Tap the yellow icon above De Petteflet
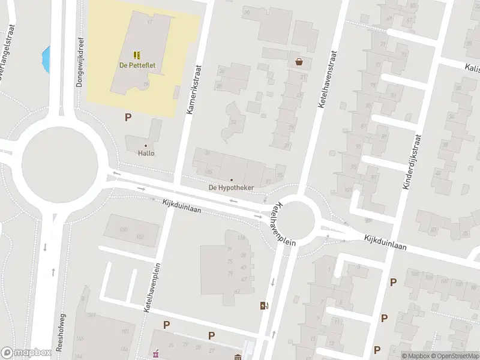pos(137,54)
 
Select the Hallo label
pos(146,153)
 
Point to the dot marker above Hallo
pos(146,145)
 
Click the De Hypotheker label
pos(231,188)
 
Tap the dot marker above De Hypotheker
pos(232,179)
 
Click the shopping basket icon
pos(299,61)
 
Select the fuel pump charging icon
pos(263,306)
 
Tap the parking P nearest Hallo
pos(128,118)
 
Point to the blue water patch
pos(46,58)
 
